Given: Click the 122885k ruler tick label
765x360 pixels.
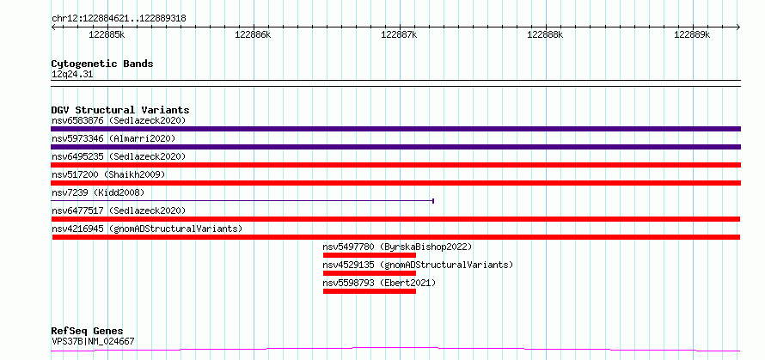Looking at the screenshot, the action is click(x=107, y=35).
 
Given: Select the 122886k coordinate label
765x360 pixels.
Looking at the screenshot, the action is click(x=253, y=35).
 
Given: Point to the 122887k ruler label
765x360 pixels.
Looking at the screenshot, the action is click(x=399, y=35).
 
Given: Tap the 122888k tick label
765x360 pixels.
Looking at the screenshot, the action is click(x=546, y=35).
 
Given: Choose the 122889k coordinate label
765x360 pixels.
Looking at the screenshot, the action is click(x=692, y=35).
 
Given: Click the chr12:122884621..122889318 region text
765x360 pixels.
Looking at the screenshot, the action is click(x=119, y=19).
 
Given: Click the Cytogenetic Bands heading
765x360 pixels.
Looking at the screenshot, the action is click(x=102, y=64).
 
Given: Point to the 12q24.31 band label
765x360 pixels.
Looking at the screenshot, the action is click(x=72, y=75).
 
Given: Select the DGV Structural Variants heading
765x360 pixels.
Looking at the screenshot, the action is click(x=120, y=110).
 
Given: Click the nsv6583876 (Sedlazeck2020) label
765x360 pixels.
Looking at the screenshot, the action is click(x=119, y=120).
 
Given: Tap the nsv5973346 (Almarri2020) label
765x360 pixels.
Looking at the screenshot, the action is click(x=113, y=138).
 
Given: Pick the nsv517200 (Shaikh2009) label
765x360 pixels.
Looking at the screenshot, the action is click(x=108, y=174).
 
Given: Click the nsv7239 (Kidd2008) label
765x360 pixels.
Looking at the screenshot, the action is click(x=98, y=192).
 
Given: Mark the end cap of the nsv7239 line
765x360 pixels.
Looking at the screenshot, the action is click(x=433, y=200).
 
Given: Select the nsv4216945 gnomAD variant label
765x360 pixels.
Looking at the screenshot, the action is click(x=147, y=229).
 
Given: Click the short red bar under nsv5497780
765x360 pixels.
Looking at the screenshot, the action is click(x=370, y=255).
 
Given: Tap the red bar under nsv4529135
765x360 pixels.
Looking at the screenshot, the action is click(x=370, y=273).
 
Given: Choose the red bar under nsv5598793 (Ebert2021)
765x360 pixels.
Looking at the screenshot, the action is click(x=370, y=291).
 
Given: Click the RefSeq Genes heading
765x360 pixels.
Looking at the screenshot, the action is click(x=88, y=332).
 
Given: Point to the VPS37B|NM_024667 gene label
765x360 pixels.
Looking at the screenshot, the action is click(x=93, y=341).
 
